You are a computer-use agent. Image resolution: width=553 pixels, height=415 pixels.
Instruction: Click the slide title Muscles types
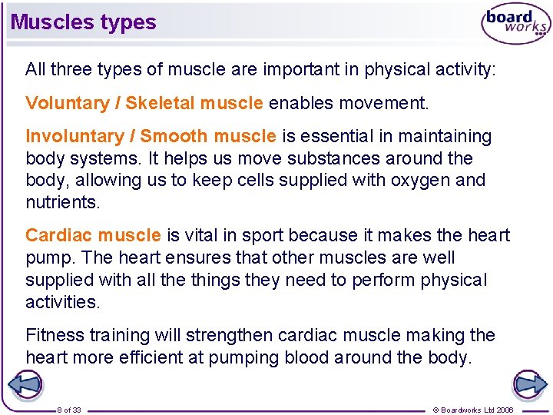tap(83, 22)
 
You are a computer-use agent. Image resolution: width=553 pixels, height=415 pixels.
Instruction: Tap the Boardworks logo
tap(515, 25)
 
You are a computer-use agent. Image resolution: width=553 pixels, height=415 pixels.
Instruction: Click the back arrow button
tap(24, 384)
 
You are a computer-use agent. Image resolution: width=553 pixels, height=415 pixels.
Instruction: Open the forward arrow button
tap(529, 384)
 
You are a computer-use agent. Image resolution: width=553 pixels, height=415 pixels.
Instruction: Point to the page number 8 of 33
tap(70, 410)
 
